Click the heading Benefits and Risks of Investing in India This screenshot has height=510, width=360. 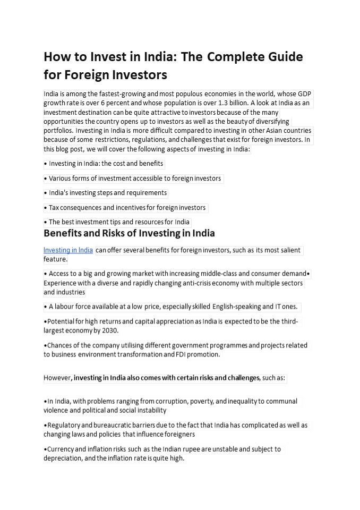(129, 233)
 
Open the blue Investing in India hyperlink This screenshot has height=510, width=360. (68, 250)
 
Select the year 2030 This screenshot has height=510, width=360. (109, 330)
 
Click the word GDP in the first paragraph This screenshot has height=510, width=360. (304, 94)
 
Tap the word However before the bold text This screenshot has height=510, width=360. (57, 378)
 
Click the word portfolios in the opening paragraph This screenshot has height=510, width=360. (58, 130)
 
